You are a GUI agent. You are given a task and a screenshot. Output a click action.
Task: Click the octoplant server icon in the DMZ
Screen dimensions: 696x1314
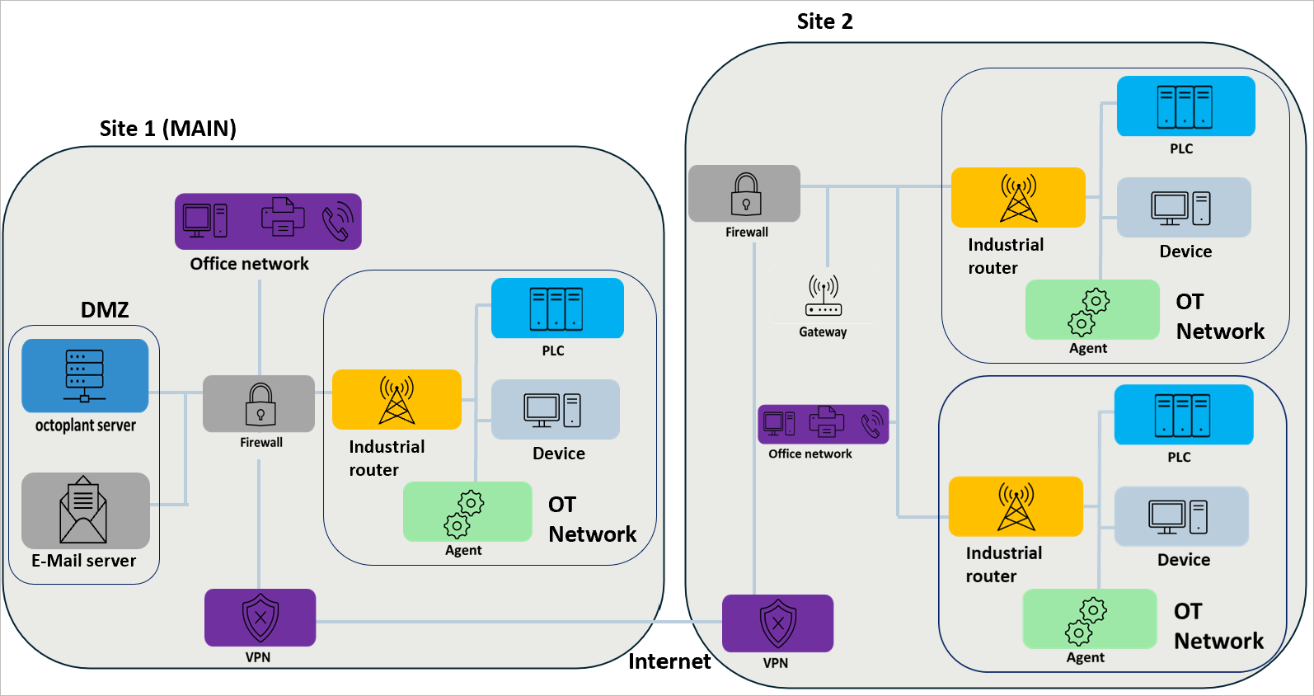point(85,376)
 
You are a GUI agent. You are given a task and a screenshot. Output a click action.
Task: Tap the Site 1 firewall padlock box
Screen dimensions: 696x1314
point(259,404)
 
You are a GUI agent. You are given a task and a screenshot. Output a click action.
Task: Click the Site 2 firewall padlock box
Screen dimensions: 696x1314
point(744,194)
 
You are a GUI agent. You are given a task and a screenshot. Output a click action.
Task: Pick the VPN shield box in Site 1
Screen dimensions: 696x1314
point(260,618)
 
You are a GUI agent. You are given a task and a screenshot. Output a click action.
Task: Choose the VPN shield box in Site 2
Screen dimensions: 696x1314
point(777,623)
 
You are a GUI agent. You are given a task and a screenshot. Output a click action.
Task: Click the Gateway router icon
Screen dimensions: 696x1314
point(824,297)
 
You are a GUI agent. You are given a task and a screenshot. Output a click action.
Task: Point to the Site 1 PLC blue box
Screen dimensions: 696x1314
point(557,308)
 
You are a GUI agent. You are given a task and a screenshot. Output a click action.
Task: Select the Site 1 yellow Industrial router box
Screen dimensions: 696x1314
point(397,400)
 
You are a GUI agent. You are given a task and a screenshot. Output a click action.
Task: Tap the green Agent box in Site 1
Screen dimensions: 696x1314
point(467,512)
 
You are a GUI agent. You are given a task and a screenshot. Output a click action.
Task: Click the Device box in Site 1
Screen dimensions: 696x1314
point(555,410)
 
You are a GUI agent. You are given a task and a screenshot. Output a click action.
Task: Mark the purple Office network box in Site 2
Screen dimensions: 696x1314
point(823,425)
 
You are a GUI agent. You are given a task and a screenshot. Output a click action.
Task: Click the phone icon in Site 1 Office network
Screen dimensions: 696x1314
point(337,222)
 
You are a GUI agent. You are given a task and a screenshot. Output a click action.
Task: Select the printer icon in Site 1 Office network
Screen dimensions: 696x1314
point(282,218)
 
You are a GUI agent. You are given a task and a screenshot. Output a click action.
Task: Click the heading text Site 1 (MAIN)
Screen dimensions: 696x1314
point(168,129)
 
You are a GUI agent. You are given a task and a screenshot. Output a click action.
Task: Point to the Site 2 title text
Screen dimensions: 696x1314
point(824,21)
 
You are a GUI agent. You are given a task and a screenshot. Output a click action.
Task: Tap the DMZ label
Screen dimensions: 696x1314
point(105,310)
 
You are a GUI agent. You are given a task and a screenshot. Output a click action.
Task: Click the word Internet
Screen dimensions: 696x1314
point(669,661)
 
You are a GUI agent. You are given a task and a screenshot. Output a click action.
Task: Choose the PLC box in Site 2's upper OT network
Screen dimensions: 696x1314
point(1185,106)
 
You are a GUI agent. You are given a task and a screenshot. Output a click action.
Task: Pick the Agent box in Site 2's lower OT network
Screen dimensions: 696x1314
point(1089,619)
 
